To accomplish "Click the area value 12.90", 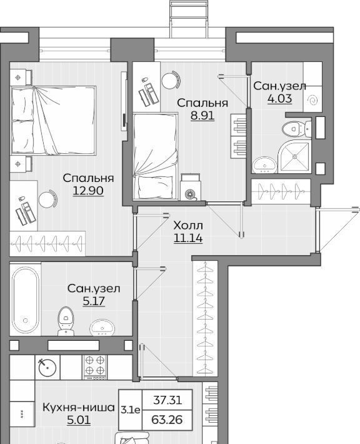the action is point(88,191).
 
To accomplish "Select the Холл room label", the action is point(188,226).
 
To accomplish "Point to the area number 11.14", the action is point(188,238).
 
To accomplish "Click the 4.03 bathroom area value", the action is point(279,99).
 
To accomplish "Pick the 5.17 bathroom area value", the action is point(94,301).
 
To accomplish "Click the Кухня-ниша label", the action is point(79,408).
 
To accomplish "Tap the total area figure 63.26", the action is point(167,420).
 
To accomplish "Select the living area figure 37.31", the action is point(167,400).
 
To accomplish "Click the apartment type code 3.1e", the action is point(130,410).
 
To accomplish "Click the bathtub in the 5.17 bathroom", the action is point(25,300).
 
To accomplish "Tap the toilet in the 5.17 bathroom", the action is point(66,321).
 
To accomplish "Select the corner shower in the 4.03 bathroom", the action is point(294,156).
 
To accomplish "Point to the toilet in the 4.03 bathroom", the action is point(297,129).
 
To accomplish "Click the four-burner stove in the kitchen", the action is point(95,367).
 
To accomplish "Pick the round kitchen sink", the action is point(47,367).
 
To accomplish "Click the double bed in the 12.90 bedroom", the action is point(53,121).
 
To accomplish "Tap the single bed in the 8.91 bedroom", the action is point(156,156).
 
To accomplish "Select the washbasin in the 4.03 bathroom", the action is point(264,165).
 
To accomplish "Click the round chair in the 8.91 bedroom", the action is point(171,80).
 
